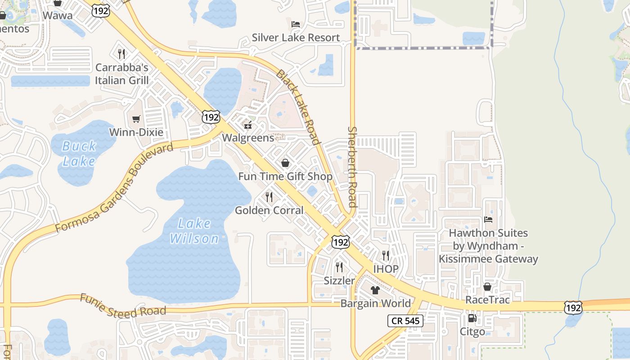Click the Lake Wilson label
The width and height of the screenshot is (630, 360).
tap(194, 230)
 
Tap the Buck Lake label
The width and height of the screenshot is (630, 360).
tap(79, 153)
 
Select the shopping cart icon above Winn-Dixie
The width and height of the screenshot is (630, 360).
tap(136, 119)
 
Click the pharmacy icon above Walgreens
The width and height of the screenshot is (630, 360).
tap(247, 125)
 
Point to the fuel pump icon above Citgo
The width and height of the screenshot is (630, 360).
tap(472, 318)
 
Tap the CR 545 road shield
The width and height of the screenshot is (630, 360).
tap(405, 321)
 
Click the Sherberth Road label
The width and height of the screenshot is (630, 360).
tap(352, 166)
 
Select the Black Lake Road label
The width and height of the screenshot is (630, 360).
tap(297, 107)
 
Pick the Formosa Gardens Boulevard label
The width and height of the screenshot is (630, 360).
tap(114, 188)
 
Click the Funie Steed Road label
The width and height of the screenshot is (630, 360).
tap(123, 305)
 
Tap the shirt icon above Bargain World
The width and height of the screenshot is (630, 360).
tap(375, 290)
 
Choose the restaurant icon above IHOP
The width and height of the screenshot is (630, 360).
tap(386, 256)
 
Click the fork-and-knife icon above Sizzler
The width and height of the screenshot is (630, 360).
tap(339, 267)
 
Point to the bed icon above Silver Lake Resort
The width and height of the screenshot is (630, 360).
tap(296, 24)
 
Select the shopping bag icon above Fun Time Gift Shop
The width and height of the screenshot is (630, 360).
tap(285, 163)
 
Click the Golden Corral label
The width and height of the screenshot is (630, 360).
tap(269, 210)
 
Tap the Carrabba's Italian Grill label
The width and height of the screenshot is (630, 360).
tap(121, 74)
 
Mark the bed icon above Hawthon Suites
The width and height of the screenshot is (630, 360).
tap(488, 220)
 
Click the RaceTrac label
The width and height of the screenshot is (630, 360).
tap(487, 300)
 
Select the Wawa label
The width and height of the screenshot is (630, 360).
tap(58, 15)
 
